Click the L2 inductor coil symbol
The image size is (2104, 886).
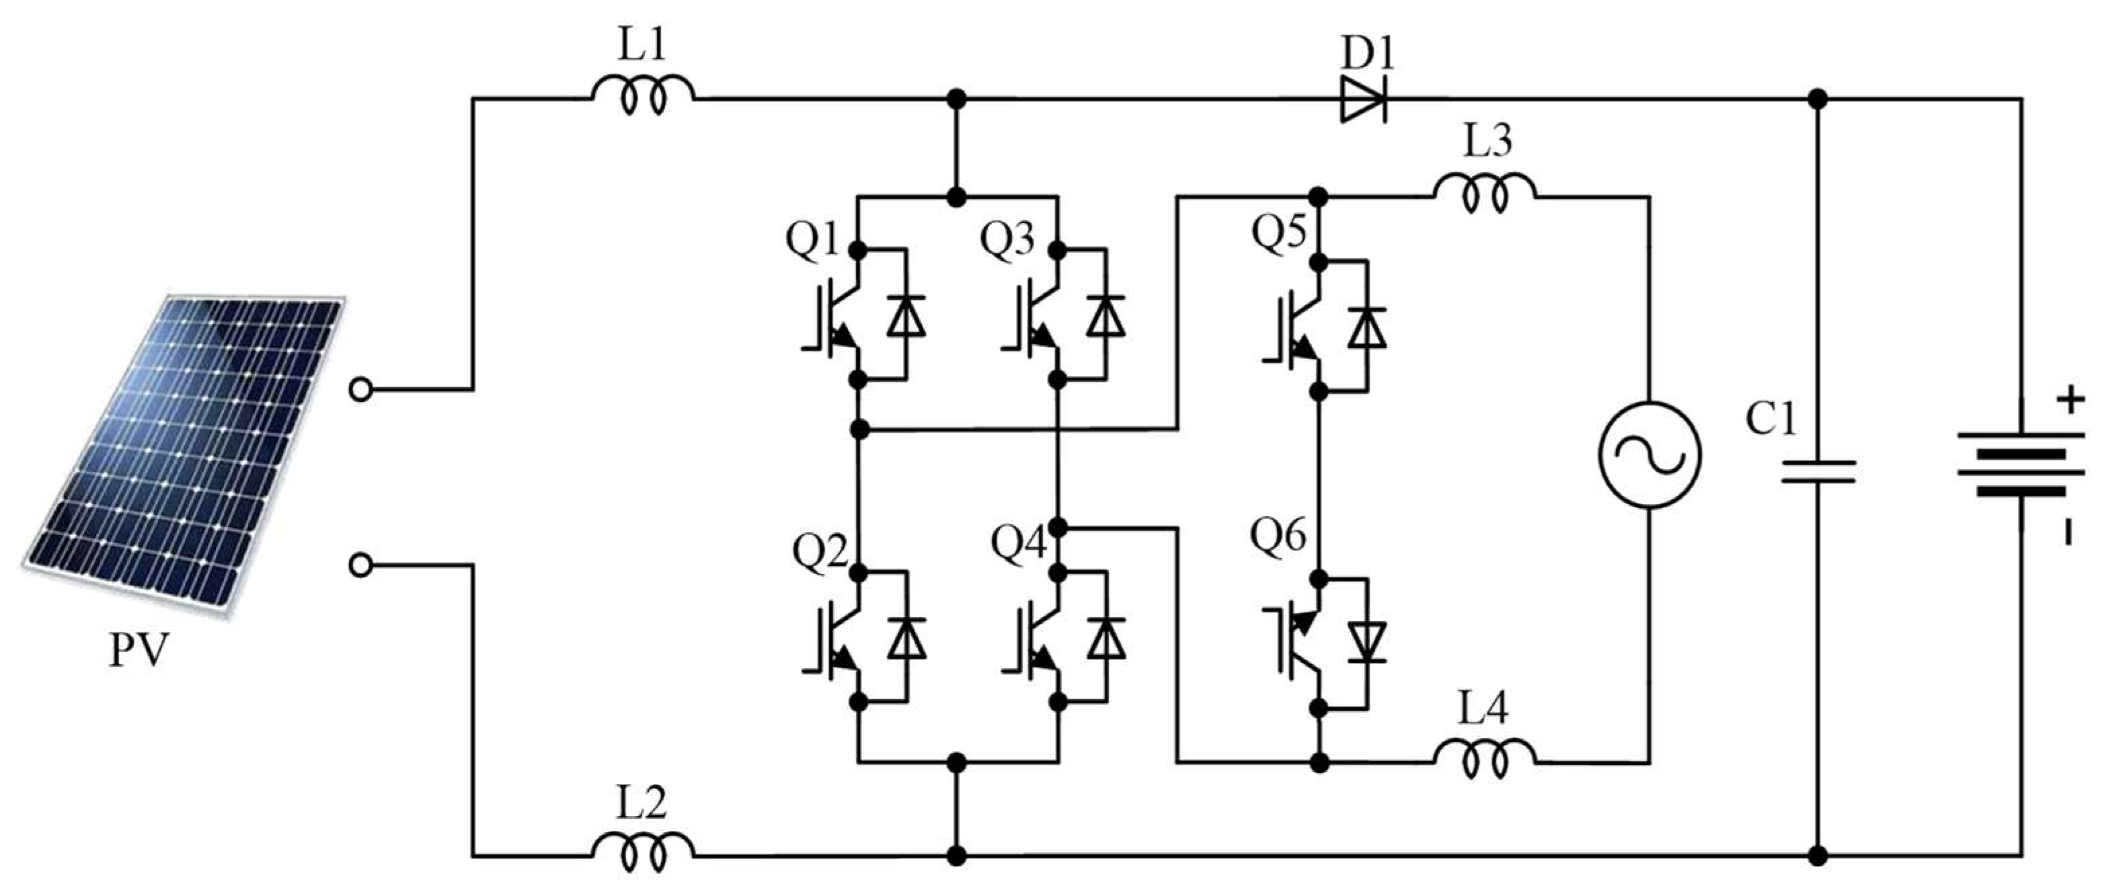pyautogui.click(x=643, y=852)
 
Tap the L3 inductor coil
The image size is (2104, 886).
pyautogui.click(x=1484, y=194)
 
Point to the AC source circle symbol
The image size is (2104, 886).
pyautogui.click(x=1649, y=455)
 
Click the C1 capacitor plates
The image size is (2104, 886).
pyautogui.click(x=1818, y=472)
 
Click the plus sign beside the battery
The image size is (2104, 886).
pyautogui.click(x=2069, y=401)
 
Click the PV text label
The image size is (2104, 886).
pyautogui.click(x=139, y=651)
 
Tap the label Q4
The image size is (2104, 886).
pyautogui.click(x=1017, y=544)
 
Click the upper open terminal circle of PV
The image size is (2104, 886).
pyautogui.click(x=359, y=391)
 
